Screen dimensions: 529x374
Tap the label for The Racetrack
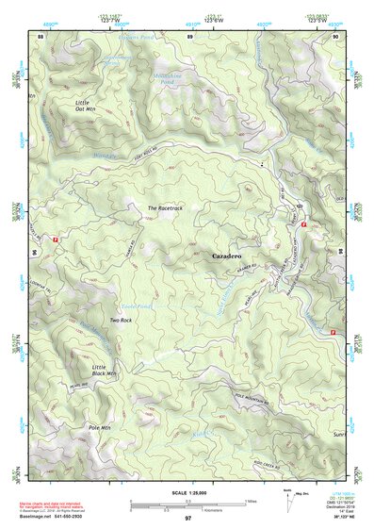[164, 207]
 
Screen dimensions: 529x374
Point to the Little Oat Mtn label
[87, 105]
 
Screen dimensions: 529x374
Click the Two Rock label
[120, 321]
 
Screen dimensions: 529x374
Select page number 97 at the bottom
[187, 519]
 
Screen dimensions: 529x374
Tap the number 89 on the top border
[189, 36]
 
